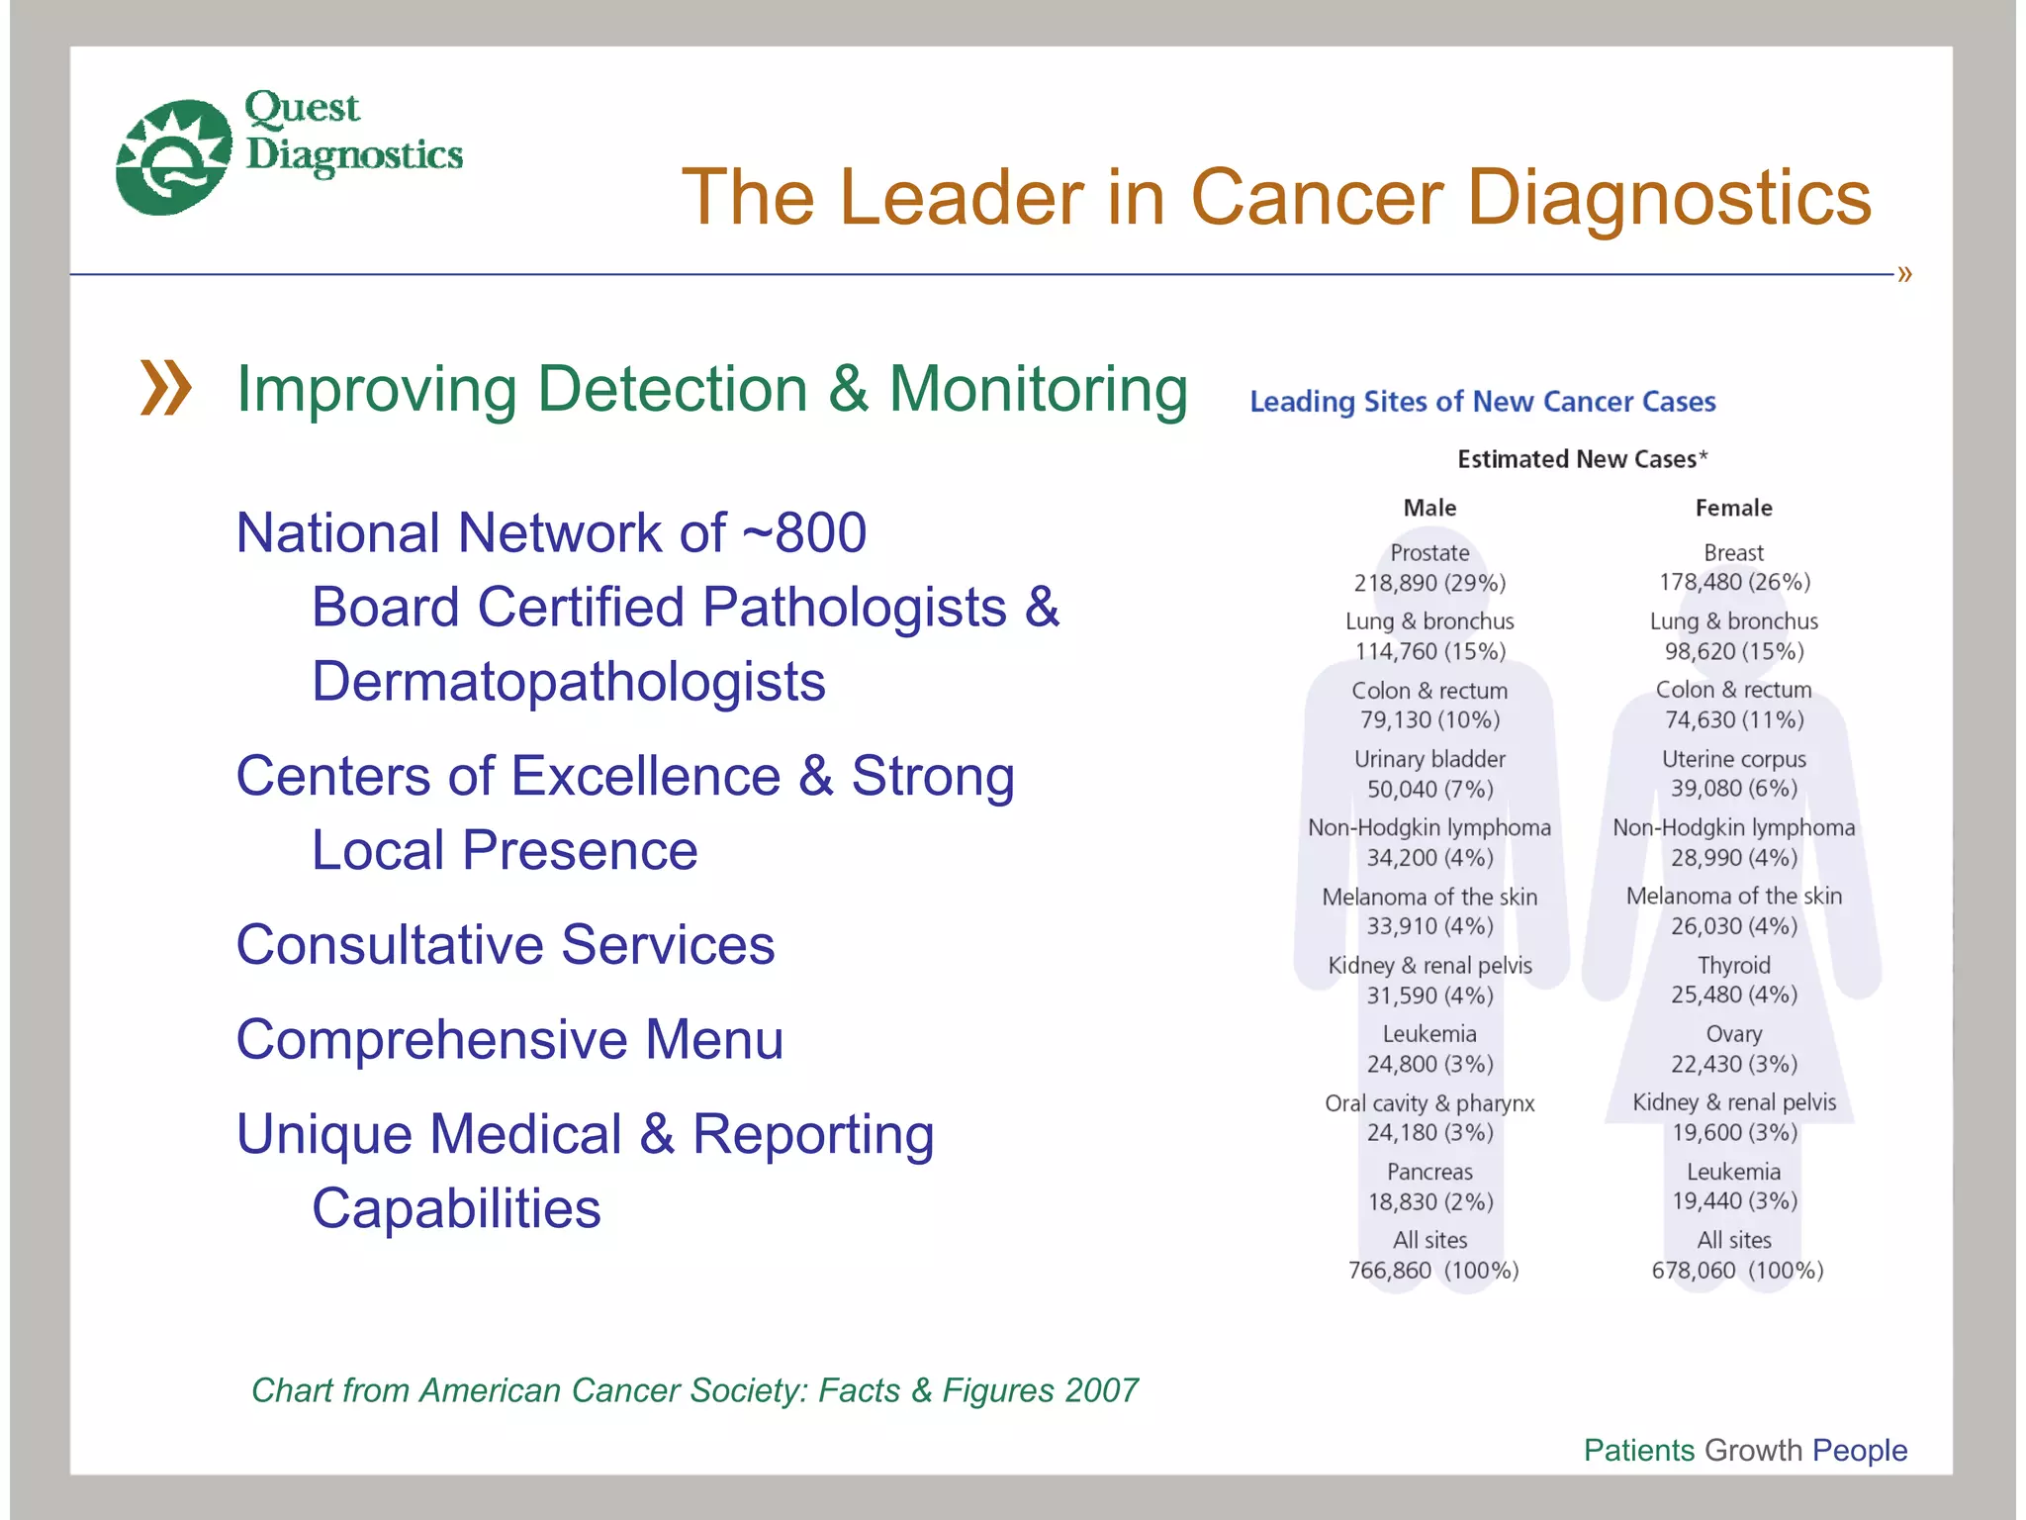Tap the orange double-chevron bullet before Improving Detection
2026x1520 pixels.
click(165, 388)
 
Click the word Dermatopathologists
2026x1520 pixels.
click(568, 682)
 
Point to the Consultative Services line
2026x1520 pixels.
click(505, 945)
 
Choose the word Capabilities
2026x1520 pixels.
click(456, 1209)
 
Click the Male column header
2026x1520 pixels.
click(1429, 509)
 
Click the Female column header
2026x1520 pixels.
click(1733, 509)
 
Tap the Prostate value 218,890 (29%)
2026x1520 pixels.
click(1429, 583)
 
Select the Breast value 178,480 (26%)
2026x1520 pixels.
click(1734, 582)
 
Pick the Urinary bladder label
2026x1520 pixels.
click(1429, 759)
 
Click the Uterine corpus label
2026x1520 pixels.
click(1733, 759)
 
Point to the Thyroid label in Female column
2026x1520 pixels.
click(1733, 965)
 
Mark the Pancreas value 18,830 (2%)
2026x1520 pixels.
click(1429, 1201)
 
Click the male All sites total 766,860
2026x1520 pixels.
click(1390, 1271)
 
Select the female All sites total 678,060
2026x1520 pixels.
click(1694, 1271)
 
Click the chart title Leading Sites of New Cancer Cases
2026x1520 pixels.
click(1482, 402)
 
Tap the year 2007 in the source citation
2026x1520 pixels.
click(1101, 1390)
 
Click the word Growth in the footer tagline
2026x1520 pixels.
click(1753, 1451)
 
